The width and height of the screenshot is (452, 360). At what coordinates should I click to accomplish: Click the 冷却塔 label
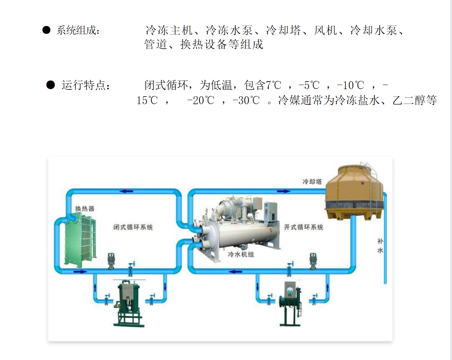coord(312,181)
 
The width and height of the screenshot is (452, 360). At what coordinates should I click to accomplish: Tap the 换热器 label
coord(84,209)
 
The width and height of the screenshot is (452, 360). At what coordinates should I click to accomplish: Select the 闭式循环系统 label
coord(133,227)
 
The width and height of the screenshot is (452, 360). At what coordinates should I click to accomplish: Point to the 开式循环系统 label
coord(304,227)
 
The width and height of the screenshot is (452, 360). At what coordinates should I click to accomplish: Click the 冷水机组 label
coord(240,254)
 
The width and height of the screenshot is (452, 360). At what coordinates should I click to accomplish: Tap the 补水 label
coord(380,246)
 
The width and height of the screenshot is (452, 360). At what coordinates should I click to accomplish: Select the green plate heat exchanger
coord(80,240)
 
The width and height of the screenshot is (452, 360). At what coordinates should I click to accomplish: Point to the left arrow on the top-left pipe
coord(126,191)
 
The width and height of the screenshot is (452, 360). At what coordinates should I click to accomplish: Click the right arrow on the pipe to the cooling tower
coord(284,191)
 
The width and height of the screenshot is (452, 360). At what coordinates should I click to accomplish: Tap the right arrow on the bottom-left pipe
coord(80,272)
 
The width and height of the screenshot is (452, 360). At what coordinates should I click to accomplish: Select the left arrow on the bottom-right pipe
coord(236,272)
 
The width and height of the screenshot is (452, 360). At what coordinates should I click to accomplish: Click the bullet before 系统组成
coord(46,30)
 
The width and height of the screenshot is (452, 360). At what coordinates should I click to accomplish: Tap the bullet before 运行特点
coord(50,85)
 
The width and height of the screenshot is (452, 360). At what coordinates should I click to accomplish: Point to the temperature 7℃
coord(273,85)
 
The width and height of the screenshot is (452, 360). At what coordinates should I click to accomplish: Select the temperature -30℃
coord(246,100)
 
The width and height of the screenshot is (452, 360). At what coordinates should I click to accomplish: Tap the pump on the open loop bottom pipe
coord(313,261)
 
